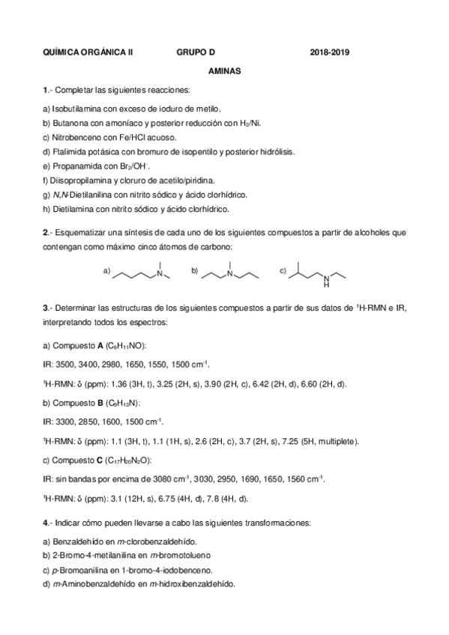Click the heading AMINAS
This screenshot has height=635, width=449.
tap(224, 72)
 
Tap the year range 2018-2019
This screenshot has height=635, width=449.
tap(330, 52)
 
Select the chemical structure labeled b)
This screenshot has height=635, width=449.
tap(229, 273)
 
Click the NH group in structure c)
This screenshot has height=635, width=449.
tap(326, 282)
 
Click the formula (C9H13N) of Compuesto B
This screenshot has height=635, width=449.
tap(124, 402)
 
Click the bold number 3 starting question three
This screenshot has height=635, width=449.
tap(46, 307)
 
